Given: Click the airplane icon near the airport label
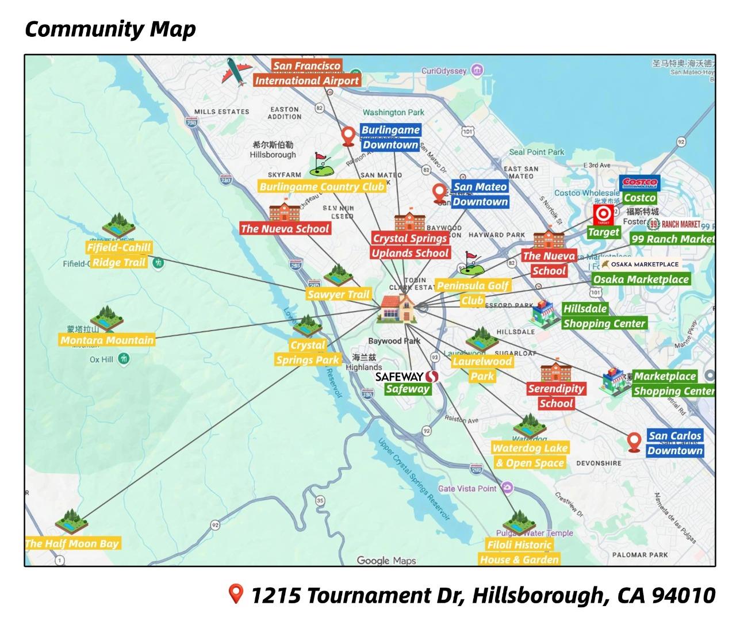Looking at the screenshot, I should click(236, 72).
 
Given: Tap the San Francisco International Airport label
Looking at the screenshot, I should click(307, 74).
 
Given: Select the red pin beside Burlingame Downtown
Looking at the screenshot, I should click(348, 137).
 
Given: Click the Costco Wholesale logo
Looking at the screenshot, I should click(640, 183).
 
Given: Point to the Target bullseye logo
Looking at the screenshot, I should click(603, 216).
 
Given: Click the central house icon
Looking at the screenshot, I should click(397, 308).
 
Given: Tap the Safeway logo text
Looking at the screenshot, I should click(407, 377).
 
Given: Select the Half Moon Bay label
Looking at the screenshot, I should click(72, 543).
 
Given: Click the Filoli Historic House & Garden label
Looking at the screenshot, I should click(519, 552).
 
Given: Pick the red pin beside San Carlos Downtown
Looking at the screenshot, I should click(634, 443).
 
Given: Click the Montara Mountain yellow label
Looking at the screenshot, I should click(107, 340).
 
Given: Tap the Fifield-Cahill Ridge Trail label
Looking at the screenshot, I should click(118, 255).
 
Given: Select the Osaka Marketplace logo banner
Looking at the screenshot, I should click(640, 264).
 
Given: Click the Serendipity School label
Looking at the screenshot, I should click(556, 396).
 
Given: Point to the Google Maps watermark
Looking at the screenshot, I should click(386, 560).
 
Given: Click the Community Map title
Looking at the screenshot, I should click(110, 29).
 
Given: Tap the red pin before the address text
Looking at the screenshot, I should click(235, 594).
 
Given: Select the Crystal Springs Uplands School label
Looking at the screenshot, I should click(410, 246).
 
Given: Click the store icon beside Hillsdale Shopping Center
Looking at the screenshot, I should click(544, 315).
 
